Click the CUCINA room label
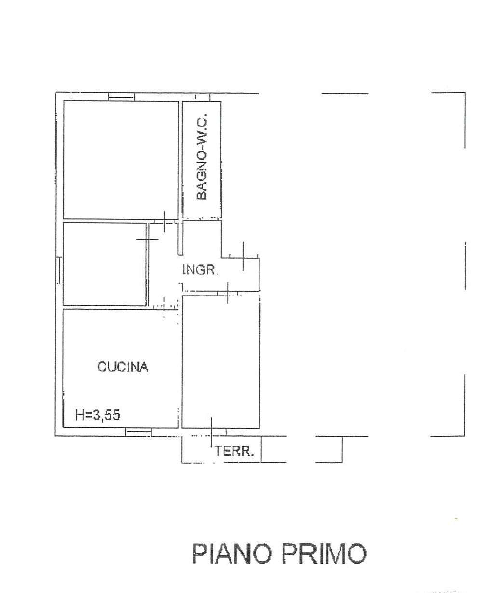coord(122,367)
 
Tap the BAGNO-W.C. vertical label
coord(202,157)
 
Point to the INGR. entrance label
coord(201,269)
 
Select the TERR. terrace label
coord(234,451)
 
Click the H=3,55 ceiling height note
coord(97,415)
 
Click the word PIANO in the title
coord(232,553)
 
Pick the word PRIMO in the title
coord(324,553)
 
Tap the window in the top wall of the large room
coord(122,97)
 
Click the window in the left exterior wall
coord(59,270)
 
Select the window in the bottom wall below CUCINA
coord(139,432)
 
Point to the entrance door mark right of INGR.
coord(243,256)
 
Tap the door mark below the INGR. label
coord(228,293)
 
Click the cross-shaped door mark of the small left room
coord(147,239)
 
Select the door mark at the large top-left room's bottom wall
coord(164,222)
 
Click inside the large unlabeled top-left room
coord(121,160)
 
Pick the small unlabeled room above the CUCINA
coord(104,264)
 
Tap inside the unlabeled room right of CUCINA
coord(221,361)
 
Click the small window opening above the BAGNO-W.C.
coord(203,97)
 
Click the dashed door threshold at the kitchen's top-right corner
coord(165,307)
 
